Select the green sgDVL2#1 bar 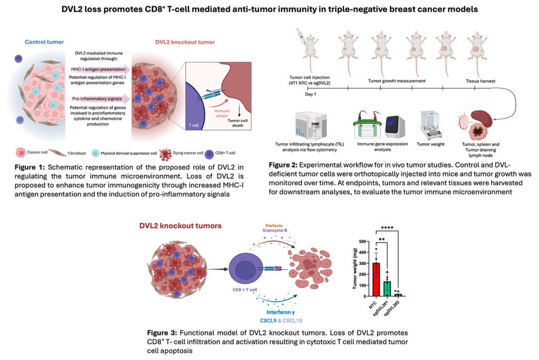[x=387, y=288]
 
